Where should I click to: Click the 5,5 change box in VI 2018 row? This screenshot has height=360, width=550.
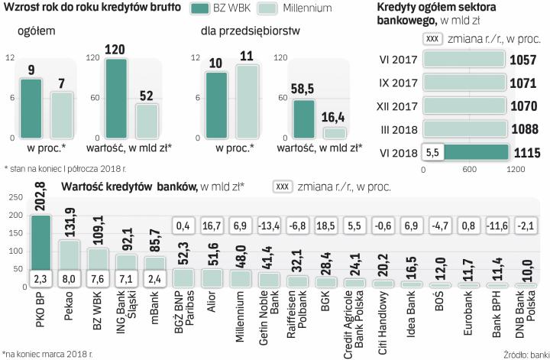[432, 152]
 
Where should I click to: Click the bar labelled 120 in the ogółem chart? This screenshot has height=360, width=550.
[116, 98]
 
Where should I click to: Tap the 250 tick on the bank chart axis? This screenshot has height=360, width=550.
[15, 198]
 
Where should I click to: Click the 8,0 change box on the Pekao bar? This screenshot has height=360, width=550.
[70, 278]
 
